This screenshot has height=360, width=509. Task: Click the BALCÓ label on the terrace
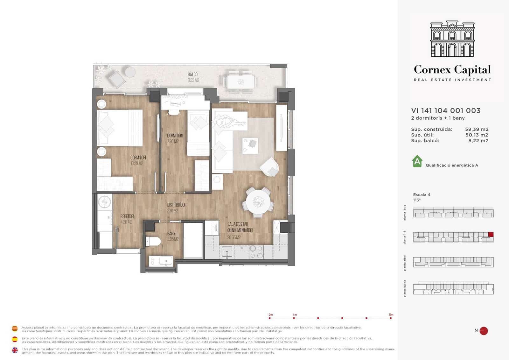(x=192, y=74)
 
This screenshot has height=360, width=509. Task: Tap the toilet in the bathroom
(x=153, y=241)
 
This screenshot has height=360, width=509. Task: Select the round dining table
(x=258, y=201)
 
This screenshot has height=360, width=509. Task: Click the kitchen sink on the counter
(x=227, y=252)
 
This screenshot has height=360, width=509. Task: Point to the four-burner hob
(x=256, y=251)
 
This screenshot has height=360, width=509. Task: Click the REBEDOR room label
(x=127, y=216)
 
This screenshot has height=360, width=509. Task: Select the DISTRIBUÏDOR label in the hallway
(x=177, y=205)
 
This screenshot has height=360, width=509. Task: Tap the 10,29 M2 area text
(x=137, y=163)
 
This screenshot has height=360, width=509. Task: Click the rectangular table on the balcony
(x=241, y=82)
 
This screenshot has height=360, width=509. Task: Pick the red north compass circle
(x=484, y=331)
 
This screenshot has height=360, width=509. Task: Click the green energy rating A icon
(x=417, y=161)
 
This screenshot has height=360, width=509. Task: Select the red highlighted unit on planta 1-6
(x=491, y=235)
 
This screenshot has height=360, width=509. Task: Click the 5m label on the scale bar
(x=391, y=314)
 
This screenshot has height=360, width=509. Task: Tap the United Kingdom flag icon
(x=15, y=350)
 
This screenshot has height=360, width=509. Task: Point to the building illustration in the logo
(x=452, y=39)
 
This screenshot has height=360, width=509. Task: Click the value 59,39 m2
(x=477, y=129)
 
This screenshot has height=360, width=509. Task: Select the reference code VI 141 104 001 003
(x=446, y=110)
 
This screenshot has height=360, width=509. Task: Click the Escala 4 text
(x=422, y=194)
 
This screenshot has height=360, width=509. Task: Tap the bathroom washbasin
(x=165, y=261)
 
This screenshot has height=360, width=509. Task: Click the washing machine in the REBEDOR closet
(x=104, y=202)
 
